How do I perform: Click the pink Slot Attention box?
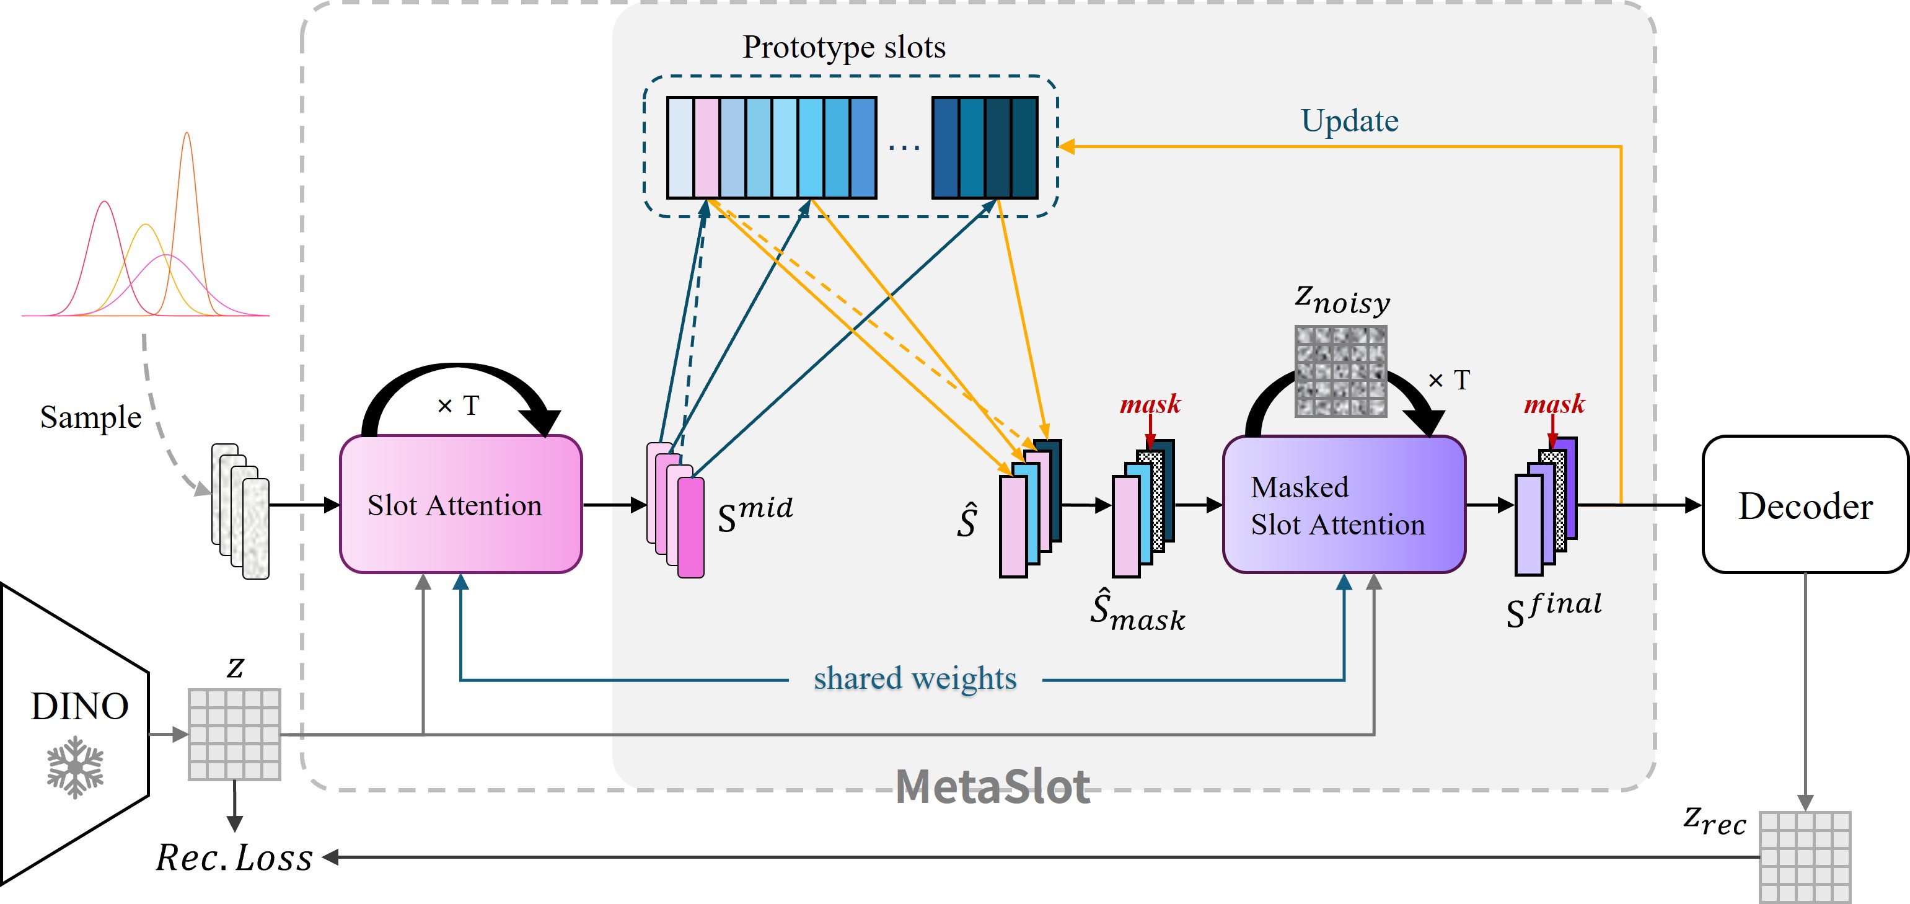pyautogui.click(x=460, y=504)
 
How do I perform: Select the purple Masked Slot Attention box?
pyautogui.click(x=1344, y=504)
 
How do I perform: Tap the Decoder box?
pyautogui.click(x=1805, y=504)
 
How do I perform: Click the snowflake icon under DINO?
pyautogui.click(x=75, y=767)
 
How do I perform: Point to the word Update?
pyautogui.click(x=1350, y=120)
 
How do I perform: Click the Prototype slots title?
pyautogui.click(x=844, y=47)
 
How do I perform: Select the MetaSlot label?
pyautogui.click(x=993, y=786)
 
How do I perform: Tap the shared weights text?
pyautogui.click(x=915, y=678)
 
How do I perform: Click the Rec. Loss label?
pyautogui.click(x=234, y=857)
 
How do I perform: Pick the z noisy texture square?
pyautogui.click(x=1340, y=371)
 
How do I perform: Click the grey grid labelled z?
pyautogui.click(x=234, y=734)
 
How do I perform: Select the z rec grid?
pyautogui.click(x=1805, y=857)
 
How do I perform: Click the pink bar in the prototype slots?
pyautogui.click(x=706, y=148)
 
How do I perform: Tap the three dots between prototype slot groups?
pyautogui.click(x=904, y=148)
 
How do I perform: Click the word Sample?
pyautogui.click(x=90, y=417)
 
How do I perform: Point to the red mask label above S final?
pyautogui.click(x=1554, y=404)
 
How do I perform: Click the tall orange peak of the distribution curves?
pyautogui.click(x=187, y=135)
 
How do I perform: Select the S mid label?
pyautogui.click(x=755, y=514)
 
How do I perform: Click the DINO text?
pyautogui.click(x=79, y=706)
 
